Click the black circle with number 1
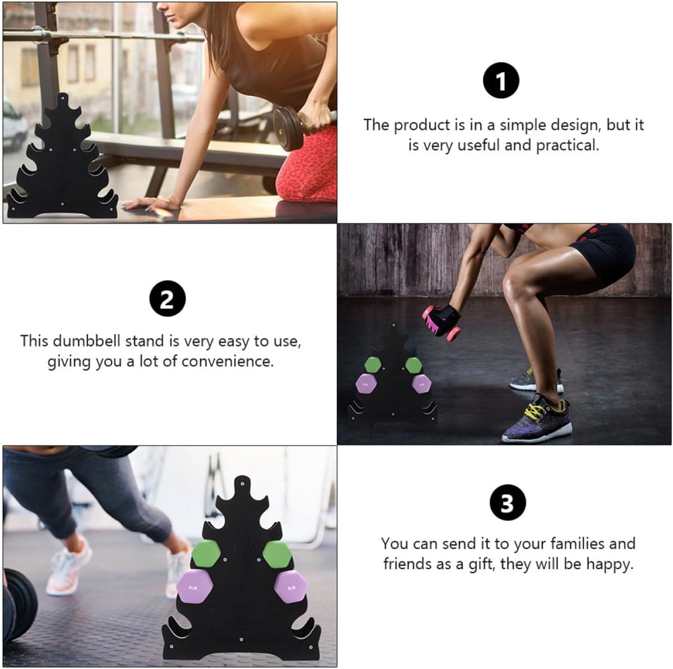coord(501,80)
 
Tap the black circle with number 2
coord(167,299)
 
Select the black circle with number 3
coord(508,503)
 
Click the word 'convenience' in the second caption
coord(227,362)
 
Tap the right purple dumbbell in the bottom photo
coord(291,587)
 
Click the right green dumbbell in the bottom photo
coord(277,554)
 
